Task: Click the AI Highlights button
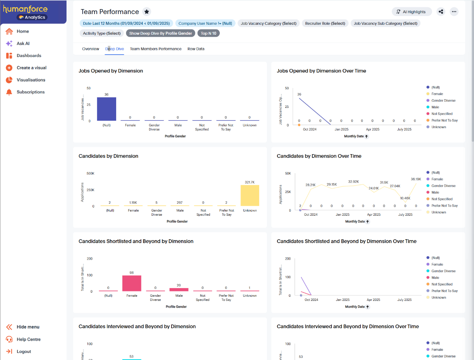pos(412,12)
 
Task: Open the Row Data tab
pos(196,49)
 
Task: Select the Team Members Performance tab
pos(155,49)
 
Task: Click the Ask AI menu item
pos(23,43)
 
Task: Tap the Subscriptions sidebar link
pos(31,92)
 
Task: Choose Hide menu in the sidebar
pos(28,327)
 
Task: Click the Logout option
pos(24,352)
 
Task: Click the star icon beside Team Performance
pos(147,12)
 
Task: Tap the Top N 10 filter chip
pos(209,33)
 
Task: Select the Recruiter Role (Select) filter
pos(325,24)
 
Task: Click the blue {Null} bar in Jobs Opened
pos(107,109)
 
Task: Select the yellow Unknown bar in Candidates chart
pos(250,195)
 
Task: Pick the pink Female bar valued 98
pos(132,284)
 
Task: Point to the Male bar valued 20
pos(179,290)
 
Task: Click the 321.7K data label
pos(250,182)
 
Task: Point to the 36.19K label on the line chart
pos(416,179)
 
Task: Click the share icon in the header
pos(441,12)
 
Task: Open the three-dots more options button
pos(454,12)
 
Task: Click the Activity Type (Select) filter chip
pos(102,33)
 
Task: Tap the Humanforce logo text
pos(25,9)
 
